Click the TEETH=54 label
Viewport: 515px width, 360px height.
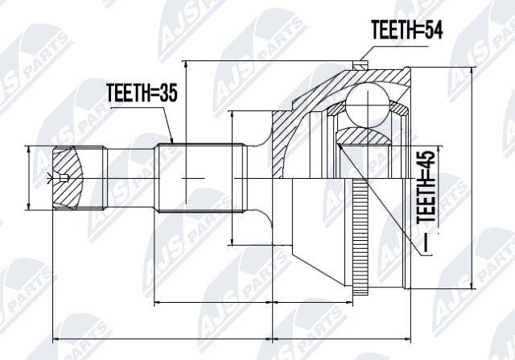pyautogui.click(x=407, y=29)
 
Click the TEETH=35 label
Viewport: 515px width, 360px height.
pyautogui.click(x=142, y=93)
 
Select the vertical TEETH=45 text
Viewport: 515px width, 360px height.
pyautogui.click(x=426, y=187)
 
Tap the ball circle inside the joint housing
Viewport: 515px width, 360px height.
pyautogui.click(x=367, y=105)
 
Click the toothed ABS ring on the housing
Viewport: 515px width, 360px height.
pyautogui.click(x=360, y=236)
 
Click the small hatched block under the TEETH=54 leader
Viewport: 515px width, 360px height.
pyautogui.click(x=360, y=65)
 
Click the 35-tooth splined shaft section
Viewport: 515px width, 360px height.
pyautogui.click(x=201, y=178)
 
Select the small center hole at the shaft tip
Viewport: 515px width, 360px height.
pyautogui.click(x=64, y=178)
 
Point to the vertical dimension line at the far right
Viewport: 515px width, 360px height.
pyautogui.click(x=472, y=179)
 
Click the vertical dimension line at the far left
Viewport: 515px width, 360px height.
pyautogui.click(x=29, y=178)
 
